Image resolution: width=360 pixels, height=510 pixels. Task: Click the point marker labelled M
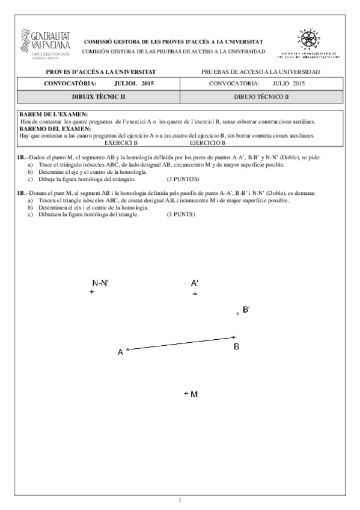[x=186, y=394]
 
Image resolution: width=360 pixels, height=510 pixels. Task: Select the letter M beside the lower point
[x=194, y=395]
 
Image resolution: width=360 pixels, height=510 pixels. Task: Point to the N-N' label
[x=100, y=283]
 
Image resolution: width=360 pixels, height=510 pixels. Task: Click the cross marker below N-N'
[x=92, y=292]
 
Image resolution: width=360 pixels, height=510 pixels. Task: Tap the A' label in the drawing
[x=195, y=283]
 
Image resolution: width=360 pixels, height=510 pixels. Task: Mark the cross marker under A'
[x=195, y=294]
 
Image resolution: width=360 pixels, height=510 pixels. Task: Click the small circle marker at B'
[x=238, y=313]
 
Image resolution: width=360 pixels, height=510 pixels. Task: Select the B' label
[x=246, y=310]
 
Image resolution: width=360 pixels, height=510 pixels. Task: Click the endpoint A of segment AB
[x=127, y=349]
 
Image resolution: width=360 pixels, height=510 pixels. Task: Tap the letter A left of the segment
[x=120, y=352]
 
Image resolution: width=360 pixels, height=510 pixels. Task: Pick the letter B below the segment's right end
[x=237, y=346]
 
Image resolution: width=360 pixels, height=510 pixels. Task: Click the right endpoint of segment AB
[x=233, y=337]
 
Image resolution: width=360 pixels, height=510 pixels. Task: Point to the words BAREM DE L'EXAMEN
[x=53, y=114]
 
